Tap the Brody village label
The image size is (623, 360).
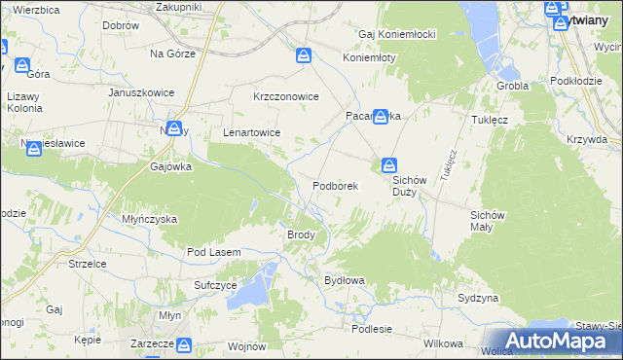tap(300, 234)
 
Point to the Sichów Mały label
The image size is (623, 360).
tap(489, 220)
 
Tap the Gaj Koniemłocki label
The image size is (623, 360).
tap(397, 34)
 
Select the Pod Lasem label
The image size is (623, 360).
tap(213, 253)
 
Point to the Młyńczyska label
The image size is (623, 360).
tap(149, 219)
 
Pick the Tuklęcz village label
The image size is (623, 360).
tap(491, 120)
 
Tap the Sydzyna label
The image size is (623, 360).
tap(478, 297)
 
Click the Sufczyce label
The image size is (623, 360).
tap(215, 285)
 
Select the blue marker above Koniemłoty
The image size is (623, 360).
tap(305, 56)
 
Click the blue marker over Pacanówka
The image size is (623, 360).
tap(381, 115)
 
